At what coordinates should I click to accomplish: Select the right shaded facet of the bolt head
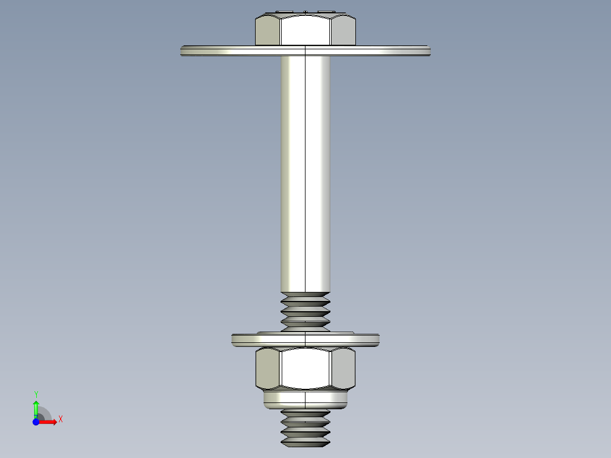[343, 31]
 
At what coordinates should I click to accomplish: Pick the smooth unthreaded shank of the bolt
[306, 170]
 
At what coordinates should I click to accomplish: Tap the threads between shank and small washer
[306, 311]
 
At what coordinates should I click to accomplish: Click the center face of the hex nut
[306, 368]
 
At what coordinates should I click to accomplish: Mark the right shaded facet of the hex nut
[343, 368]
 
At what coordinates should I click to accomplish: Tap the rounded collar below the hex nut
[306, 400]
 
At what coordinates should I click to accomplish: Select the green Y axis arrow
[36, 407]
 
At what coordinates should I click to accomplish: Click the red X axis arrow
[50, 422]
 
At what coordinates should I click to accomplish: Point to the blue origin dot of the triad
[36, 422]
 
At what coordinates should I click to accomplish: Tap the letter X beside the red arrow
[60, 419]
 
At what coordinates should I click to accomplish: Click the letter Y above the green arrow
[36, 394]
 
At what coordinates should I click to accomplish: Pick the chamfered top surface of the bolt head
[306, 13]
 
